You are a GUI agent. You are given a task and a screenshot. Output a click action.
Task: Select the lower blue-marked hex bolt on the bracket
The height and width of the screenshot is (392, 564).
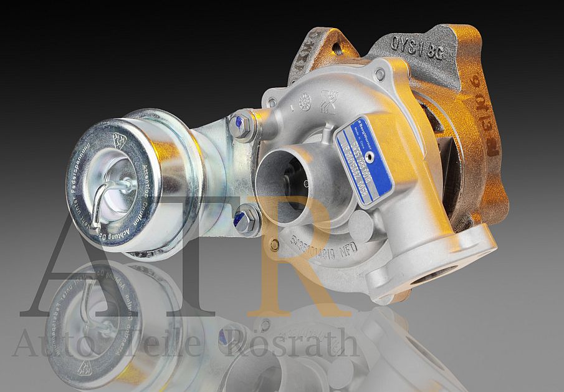point(244,220)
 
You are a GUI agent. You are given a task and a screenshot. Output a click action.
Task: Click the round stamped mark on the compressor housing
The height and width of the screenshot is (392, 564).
point(305,100)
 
